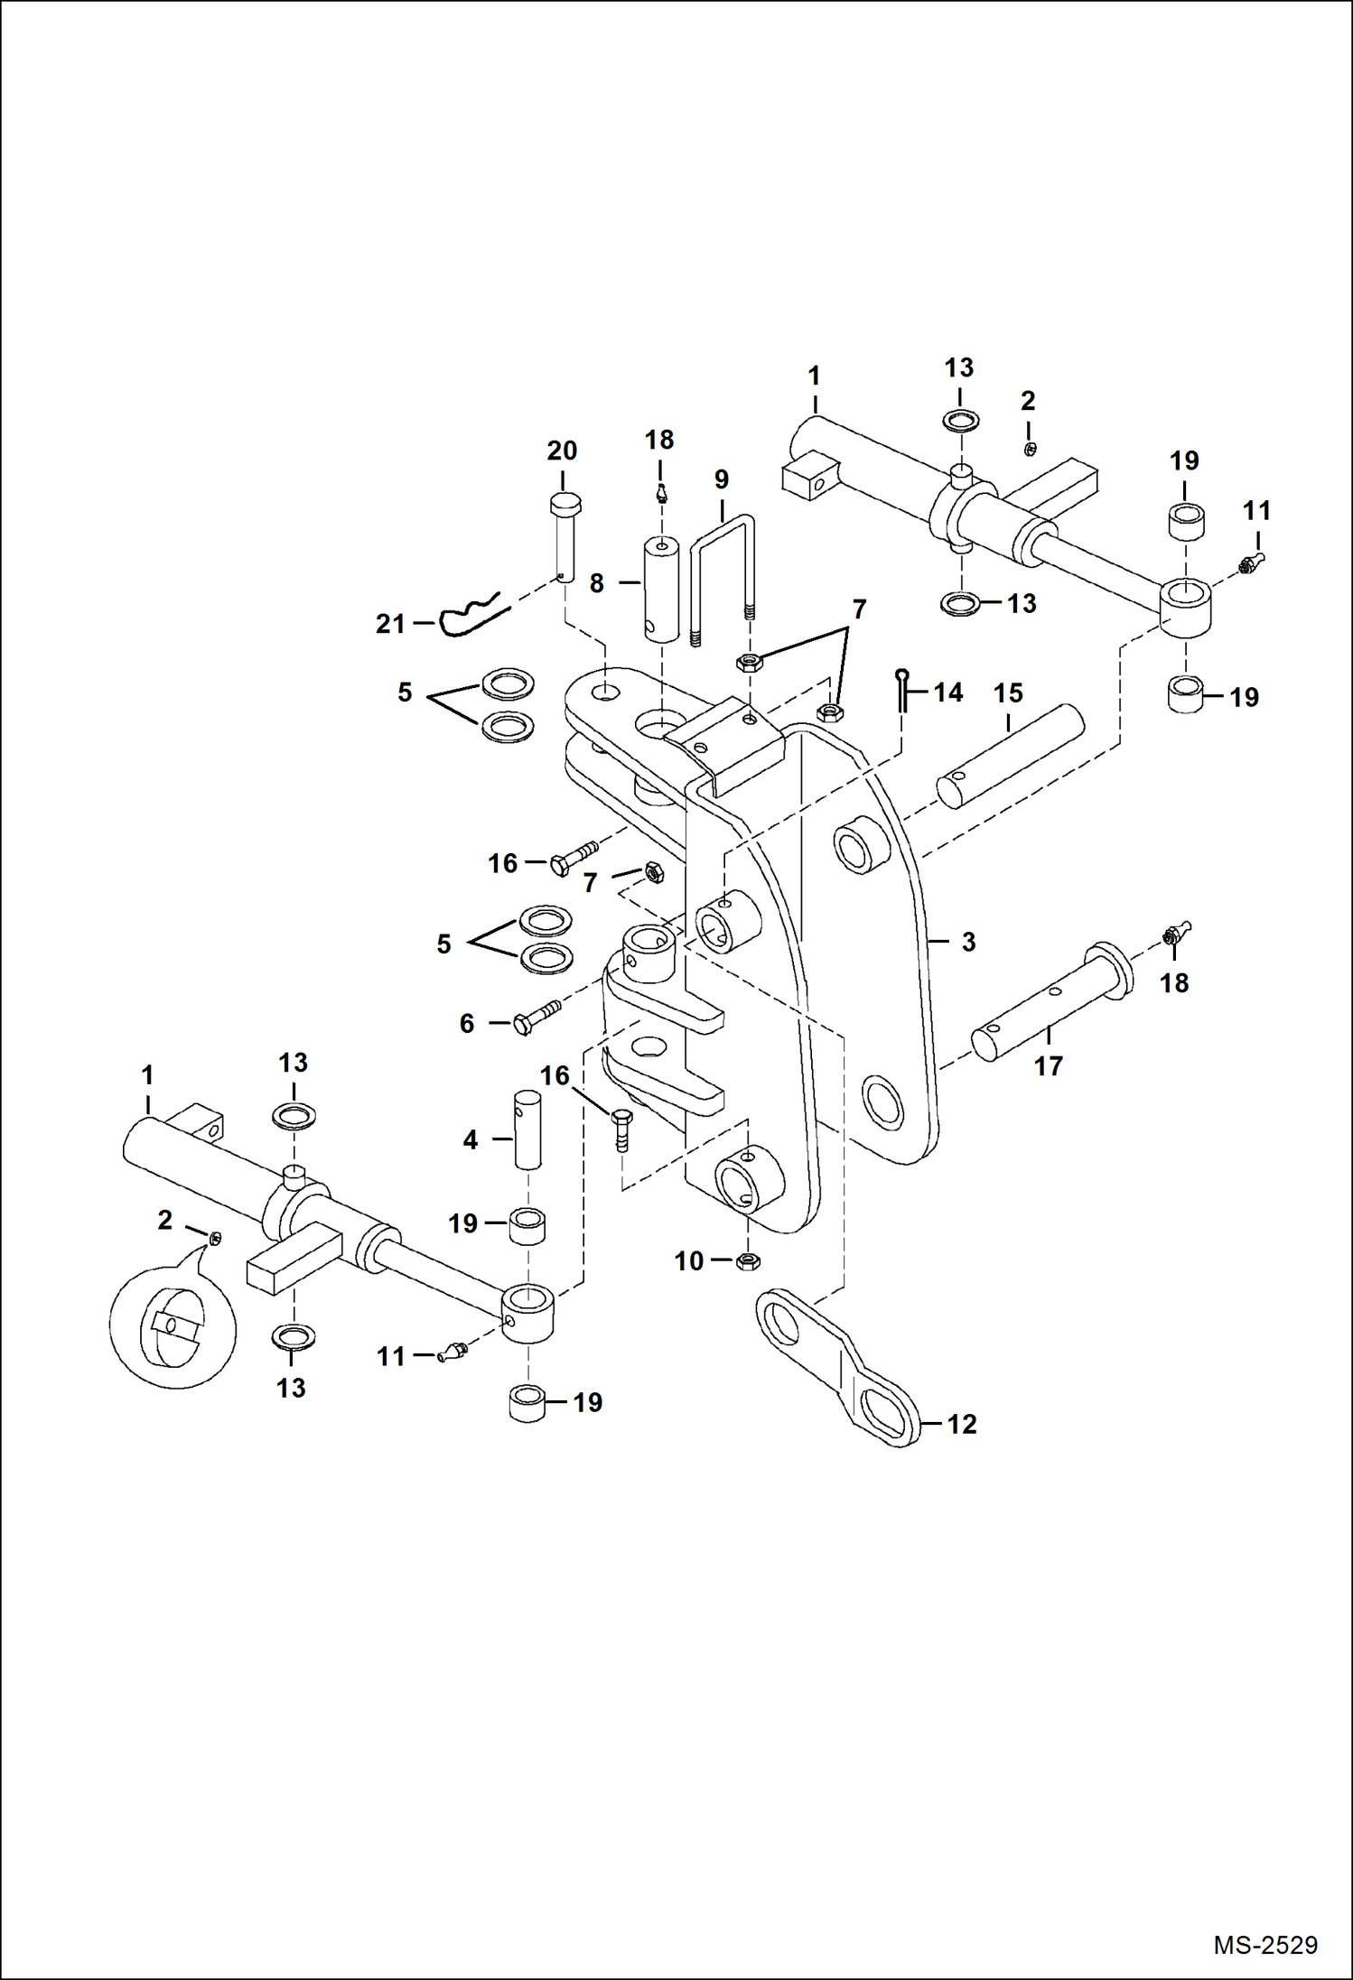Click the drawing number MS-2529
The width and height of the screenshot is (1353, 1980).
tap(1264, 1945)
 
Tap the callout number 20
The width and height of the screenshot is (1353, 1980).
tap(562, 451)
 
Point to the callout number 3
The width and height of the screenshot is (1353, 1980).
tap(968, 942)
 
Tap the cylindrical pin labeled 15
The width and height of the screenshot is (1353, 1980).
tap(1010, 756)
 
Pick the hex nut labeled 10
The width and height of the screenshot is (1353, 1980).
tap(747, 1261)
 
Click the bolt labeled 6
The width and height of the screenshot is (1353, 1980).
tap(537, 1016)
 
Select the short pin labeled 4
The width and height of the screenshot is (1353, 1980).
tap(527, 1129)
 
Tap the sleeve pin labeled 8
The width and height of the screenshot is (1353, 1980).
tap(661, 590)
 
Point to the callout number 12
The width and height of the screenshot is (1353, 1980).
tap(962, 1424)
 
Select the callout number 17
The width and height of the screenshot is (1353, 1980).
tap(1048, 1066)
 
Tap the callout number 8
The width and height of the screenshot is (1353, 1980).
tap(596, 583)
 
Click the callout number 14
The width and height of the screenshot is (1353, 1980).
tap(947, 693)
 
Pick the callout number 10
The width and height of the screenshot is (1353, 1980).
tap(689, 1260)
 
